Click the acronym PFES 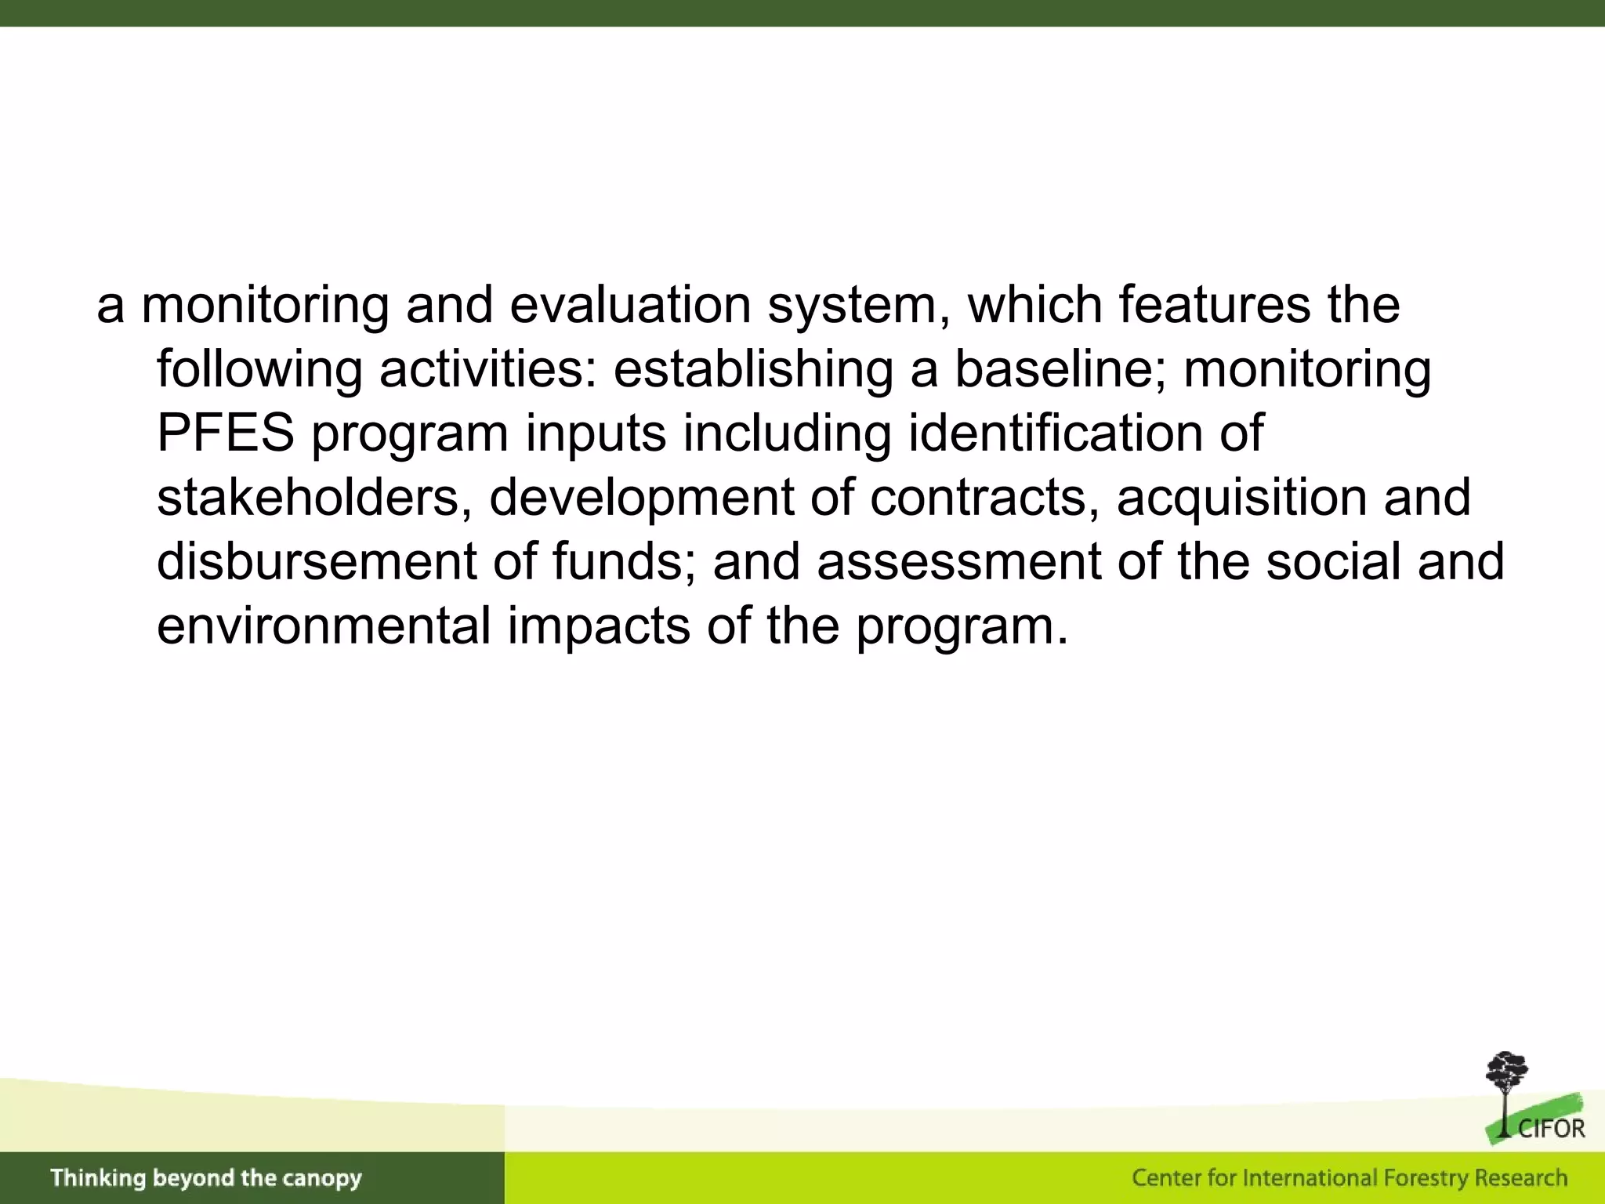[x=226, y=433]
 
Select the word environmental [x=324, y=626]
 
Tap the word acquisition [x=1241, y=497]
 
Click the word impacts [x=599, y=626]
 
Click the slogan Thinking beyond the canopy [x=206, y=1178]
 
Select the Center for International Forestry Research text [x=1349, y=1178]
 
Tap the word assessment [x=959, y=561]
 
